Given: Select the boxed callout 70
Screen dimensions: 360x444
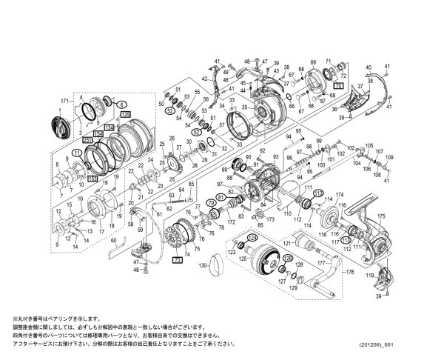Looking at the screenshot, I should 338,87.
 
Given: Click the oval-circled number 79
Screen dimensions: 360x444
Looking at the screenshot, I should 211,202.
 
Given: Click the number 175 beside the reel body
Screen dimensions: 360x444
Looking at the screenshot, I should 382,217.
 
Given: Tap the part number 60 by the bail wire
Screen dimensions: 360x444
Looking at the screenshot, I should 113,241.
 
